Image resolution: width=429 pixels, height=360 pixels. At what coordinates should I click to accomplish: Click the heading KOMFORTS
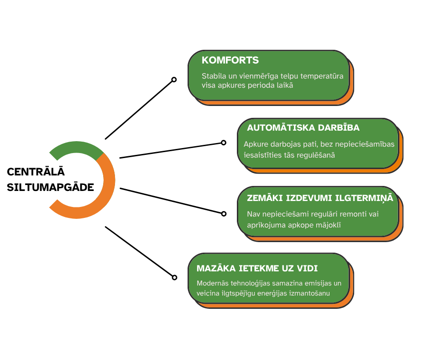(230, 60)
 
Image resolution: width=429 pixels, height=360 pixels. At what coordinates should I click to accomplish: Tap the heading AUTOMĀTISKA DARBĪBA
(303, 127)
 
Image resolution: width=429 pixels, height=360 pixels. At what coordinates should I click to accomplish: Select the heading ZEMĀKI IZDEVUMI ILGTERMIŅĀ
(319, 198)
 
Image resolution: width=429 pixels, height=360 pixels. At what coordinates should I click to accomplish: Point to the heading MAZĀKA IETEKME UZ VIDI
(257, 268)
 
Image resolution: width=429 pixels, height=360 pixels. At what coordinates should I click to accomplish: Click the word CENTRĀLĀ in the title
(36, 172)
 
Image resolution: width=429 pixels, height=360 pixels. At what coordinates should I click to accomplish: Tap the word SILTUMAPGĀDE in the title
(51, 187)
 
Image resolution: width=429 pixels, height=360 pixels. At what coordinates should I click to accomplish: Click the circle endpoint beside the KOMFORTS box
(174, 79)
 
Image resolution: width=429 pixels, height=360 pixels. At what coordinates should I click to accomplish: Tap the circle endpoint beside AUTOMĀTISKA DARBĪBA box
(224, 143)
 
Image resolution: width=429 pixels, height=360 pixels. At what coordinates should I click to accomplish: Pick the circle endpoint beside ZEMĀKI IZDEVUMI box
(224, 213)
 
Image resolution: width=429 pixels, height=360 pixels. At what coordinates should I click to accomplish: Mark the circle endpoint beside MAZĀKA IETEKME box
(174, 277)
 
